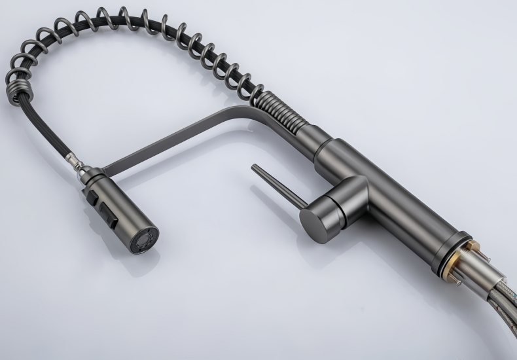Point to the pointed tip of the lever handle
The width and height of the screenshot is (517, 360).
(x=255, y=167)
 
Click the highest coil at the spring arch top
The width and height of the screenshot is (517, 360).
(x=105, y=18)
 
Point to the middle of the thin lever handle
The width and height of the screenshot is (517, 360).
(x=278, y=185)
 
